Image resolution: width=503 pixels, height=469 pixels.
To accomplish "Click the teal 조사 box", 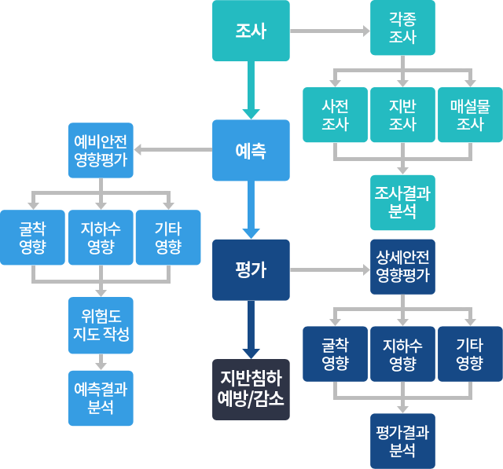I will tap(251, 31).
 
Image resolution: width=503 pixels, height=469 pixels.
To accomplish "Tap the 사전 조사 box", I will tap(335, 115).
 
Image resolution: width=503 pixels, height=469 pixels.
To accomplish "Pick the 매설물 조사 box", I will tap(470, 115).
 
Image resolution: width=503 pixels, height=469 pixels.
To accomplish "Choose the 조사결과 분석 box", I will tap(402, 202).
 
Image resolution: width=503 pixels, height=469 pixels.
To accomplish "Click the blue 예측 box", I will tap(251, 150).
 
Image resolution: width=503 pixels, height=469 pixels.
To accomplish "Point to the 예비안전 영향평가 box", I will tap(101, 150).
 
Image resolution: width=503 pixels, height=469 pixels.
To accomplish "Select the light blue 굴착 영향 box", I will tap(32, 237).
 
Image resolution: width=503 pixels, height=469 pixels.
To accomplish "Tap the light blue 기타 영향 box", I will tap(168, 237).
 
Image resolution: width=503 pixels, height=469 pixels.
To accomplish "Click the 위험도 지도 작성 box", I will tap(101, 324).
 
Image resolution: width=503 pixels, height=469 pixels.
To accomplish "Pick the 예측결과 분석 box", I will tap(101, 398).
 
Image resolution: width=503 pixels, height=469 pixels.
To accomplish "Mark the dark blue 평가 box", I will tap(251, 269).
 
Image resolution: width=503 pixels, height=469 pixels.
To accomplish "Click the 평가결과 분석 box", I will tap(402, 441).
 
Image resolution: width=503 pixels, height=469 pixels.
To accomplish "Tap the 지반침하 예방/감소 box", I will tap(251, 389).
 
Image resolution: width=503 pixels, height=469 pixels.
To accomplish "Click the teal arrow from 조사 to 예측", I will tap(251, 90).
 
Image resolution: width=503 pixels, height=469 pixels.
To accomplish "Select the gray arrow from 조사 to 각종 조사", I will tap(330, 31).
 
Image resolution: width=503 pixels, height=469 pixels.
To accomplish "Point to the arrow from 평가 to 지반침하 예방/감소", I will tap(251, 328).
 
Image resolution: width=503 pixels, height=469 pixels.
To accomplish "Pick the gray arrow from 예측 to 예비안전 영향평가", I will tap(174, 150).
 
